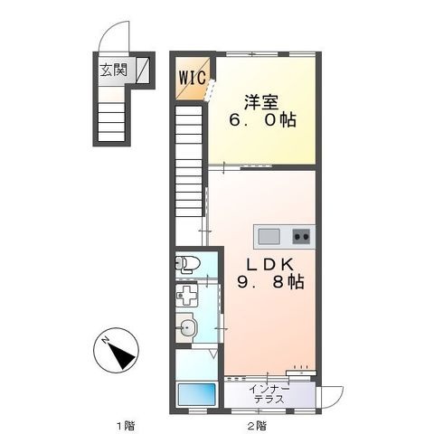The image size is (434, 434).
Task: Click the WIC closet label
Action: (x=193, y=78)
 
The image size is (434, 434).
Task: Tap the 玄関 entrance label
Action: (x=113, y=70)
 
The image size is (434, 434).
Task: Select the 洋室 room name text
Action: (x=261, y=102)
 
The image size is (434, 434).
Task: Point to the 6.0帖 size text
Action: (x=262, y=120)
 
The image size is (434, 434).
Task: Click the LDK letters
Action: (x=270, y=265)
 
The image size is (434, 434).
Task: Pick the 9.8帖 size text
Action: (x=270, y=282)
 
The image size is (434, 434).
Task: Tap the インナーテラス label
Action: (x=269, y=394)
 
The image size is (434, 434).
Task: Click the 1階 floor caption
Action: (x=126, y=426)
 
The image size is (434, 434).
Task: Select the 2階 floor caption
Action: (x=257, y=426)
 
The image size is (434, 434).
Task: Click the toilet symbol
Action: (x=188, y=264)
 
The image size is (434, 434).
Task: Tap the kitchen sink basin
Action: (x=269, y=237)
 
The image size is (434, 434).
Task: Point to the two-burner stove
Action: (x=301, y=237)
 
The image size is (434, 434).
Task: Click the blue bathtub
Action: (x=196, y=394)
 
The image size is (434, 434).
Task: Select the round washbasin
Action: (x=186, y=327)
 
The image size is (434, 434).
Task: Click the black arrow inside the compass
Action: (x=121, y=356)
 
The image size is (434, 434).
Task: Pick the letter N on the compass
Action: (x=106, y=341)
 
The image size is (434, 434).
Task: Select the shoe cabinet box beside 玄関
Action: (x=142, y=71)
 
